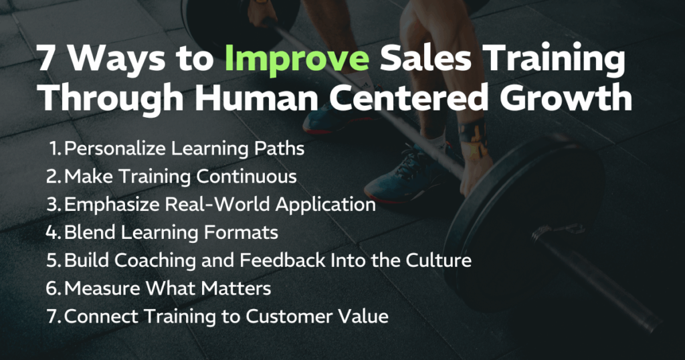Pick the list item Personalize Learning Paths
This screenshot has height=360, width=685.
point(184,149)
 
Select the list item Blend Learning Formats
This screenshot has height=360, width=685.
point(171,232)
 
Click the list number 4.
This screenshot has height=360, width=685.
point(54,232)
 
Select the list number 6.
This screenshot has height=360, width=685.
point(54,288)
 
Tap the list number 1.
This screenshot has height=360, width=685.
point(55,149)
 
